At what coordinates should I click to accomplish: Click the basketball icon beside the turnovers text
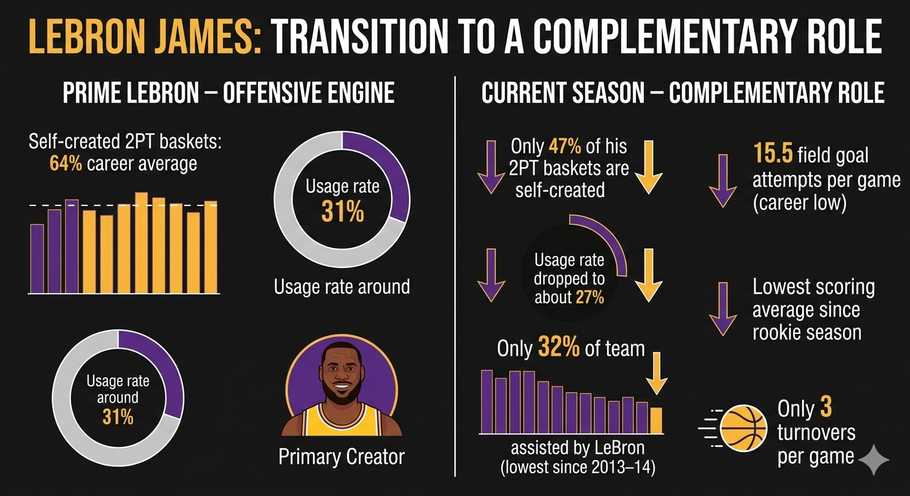(x=743, y=428)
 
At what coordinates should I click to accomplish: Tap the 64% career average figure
(x=65, y=164)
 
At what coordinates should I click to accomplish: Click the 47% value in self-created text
(x=565, y=147)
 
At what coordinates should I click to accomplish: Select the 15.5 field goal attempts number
(x=773, y=154)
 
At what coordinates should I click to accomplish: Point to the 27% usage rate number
(x=589, y=298)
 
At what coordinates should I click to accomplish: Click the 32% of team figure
(x=558, y=347)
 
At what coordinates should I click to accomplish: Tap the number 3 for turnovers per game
(x=826, y=407)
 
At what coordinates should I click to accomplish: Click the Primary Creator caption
(x=341, y=457)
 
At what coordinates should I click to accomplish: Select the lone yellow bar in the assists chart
(x=656, y=420)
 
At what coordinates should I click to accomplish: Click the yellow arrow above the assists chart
(x=657, y=373)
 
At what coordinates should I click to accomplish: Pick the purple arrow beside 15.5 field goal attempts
(x=723, y=181)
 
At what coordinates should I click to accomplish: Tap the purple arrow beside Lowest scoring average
(x=723, y=309)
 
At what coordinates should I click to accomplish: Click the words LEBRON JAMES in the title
(x=145, y=37)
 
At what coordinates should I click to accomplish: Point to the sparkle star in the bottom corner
(x=873, y=460)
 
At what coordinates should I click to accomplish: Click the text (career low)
(x=799, y=203)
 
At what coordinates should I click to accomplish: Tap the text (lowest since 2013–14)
(x=578, y=468)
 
